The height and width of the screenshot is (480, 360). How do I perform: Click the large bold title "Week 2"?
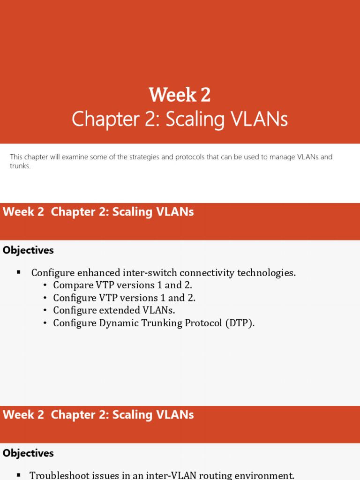click(x=180, y=95)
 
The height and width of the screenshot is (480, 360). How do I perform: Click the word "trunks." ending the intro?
click(x=20, y=166)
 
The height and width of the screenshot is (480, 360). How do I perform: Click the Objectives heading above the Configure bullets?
click(x=28, y=250)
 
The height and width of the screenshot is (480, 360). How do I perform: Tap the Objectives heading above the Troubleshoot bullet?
click(x=28, y=453)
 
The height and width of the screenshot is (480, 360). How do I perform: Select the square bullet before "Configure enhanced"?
click(x=19, y=272)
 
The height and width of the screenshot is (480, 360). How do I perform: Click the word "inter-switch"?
click(x=150, y=273)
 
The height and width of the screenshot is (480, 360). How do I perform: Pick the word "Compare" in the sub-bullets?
click(x=73, y=285)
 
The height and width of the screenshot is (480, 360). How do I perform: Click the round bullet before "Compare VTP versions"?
click(x=45, y=285)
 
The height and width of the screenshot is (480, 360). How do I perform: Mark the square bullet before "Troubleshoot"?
click(x=19, y=475)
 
